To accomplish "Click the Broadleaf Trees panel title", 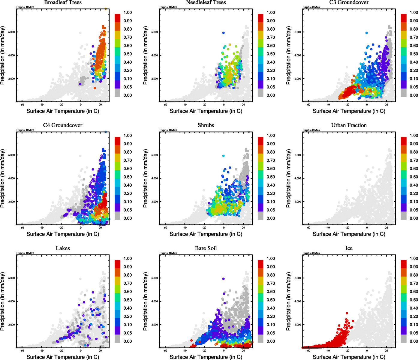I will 63,2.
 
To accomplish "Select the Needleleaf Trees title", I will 206,2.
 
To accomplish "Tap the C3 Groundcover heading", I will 349,2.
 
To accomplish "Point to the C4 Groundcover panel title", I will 63,125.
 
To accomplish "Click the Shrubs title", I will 206,125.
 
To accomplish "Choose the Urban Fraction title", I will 349,125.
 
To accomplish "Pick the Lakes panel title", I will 63,248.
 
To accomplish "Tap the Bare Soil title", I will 206,248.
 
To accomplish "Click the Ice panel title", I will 349,248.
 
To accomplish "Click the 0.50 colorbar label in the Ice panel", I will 414,300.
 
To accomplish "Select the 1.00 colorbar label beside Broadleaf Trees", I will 128,13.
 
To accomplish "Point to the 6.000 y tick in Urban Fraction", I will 298,155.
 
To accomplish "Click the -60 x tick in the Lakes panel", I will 22,350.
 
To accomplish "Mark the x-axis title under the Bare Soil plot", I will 206,357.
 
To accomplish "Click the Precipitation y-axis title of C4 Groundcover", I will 3,178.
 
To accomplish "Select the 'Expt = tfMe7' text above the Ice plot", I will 311,253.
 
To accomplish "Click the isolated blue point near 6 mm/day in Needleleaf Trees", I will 223,33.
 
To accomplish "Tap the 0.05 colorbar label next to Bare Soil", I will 271,333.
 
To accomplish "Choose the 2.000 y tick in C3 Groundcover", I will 298,79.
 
